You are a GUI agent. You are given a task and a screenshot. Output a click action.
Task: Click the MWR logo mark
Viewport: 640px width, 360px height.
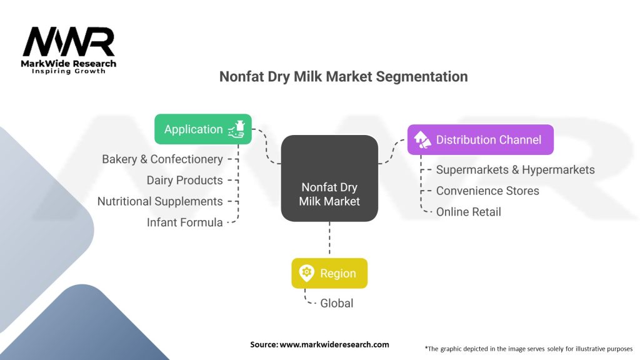click(x=69, y=42)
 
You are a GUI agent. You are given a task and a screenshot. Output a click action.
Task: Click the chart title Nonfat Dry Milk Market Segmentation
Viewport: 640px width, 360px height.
click(x=343, y=77)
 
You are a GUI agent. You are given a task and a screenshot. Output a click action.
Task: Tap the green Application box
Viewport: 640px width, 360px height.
click(x=203, y=129)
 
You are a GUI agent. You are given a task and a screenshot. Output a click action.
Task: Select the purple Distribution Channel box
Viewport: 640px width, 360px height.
click(x=481, y=139)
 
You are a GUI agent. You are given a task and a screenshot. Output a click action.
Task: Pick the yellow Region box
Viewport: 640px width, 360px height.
click(x=329, y=273)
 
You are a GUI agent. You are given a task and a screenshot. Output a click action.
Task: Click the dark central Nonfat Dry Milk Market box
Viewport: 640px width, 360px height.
click(x=329, y=178)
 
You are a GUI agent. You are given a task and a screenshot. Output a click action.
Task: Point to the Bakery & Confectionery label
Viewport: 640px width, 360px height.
click(x=162, y=159)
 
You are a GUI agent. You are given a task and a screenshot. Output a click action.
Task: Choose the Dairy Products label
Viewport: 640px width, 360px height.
click(x=184, y=181)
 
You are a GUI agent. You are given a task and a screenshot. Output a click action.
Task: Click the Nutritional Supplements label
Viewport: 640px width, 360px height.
click(x=160, y=201)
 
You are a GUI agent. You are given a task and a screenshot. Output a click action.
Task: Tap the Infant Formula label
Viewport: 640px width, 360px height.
click(x=184, y=222)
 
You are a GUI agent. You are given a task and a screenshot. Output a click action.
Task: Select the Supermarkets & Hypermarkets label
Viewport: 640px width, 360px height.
click(x=516, y=170)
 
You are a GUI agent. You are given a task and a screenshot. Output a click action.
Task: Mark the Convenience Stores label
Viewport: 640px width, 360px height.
click(x=487, y=191)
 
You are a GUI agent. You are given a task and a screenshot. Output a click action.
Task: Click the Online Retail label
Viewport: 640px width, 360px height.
click(x=469, y=212)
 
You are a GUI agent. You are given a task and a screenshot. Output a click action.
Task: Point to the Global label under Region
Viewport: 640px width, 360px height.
click(x=337, y=303)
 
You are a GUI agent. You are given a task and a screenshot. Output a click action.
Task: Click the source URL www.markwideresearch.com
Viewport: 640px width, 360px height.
click(x=334, y=344)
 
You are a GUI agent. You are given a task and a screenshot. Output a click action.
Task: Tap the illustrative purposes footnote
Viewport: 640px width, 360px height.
click(x=529, y=349)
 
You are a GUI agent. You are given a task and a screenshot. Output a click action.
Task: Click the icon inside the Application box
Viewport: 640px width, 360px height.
click(x=236, y=129)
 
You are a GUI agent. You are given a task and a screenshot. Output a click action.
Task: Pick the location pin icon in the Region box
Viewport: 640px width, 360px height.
click(x=306, y=273)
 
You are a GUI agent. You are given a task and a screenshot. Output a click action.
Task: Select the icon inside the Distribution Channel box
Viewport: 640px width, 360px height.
click(x=422, y=139)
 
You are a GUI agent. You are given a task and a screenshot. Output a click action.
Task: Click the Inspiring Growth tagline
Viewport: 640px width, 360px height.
click(x=69, y=71)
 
